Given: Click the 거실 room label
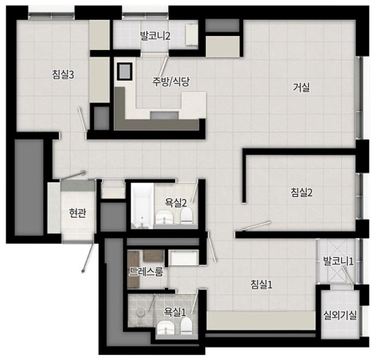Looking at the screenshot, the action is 302,88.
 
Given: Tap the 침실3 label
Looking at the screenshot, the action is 63,75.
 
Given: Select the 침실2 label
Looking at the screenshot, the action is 302,192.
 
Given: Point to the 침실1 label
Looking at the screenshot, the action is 261,284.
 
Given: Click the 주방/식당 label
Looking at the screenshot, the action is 171,82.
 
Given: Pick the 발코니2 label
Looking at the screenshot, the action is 155,36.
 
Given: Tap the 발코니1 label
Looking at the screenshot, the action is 338,261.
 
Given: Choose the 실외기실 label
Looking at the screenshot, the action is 340,315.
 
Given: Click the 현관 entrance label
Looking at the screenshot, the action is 77,213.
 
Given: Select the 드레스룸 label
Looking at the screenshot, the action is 146,272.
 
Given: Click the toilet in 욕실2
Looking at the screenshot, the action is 186,216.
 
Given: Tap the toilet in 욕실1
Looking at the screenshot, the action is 186,326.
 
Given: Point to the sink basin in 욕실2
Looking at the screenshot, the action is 165,217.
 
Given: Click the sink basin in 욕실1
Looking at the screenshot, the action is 166,328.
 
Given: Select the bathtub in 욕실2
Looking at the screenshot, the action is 142,206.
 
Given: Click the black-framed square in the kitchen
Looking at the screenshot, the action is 124,71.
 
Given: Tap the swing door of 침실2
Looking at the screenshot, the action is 256,226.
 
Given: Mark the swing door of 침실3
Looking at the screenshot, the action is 82,119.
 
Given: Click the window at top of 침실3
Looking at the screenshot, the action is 52,16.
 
